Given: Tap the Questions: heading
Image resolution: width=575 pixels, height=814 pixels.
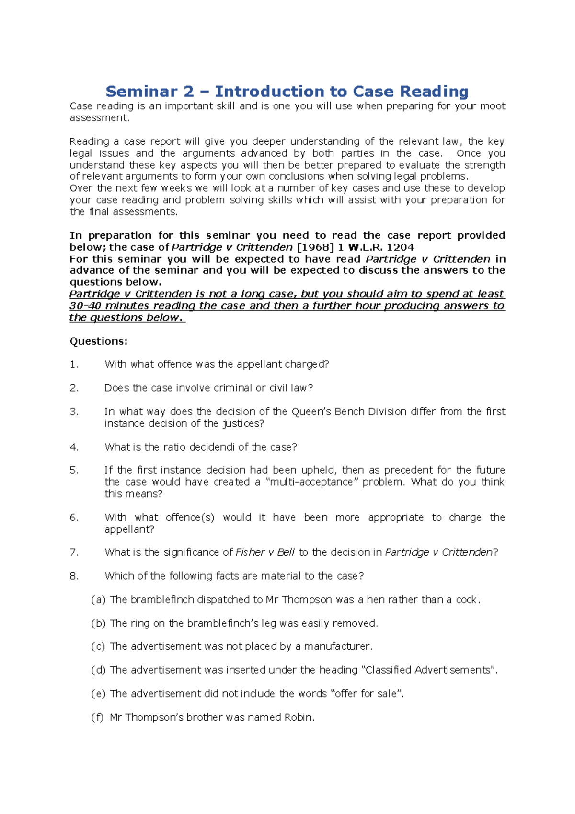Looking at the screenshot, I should tap(99, 341).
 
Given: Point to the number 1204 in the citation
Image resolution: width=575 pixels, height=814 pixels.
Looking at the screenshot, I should tap(400, 247).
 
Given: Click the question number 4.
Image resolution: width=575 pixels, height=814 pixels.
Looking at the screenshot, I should tap(74, 447).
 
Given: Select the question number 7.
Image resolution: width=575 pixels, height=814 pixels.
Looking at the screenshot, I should tap(74, 552).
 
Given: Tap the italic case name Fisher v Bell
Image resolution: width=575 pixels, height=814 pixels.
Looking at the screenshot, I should tap(265, 552).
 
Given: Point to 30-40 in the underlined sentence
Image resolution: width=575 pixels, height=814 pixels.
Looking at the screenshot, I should tap(85, 306).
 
